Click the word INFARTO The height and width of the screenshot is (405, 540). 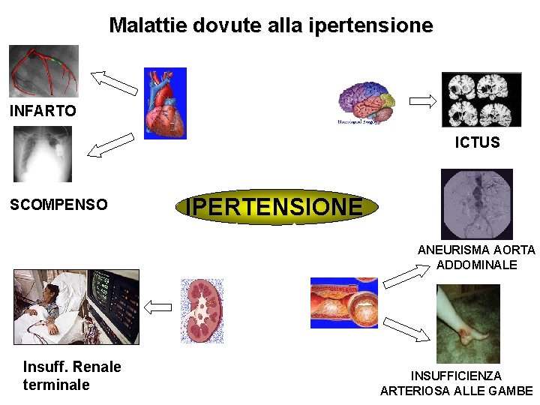coord(43,112)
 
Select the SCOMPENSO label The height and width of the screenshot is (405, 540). coord(58,205)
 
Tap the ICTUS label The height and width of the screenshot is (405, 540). coord(477,142)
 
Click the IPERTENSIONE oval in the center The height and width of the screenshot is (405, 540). coord(274,206)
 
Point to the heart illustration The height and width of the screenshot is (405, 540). coord(165,103)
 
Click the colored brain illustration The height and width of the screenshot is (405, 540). coord(366,103)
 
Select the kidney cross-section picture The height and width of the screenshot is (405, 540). coord(202,310)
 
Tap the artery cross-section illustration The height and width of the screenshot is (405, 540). coord(344,302)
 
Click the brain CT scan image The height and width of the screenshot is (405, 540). coord(481,100)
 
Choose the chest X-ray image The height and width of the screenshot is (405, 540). coord(43,154)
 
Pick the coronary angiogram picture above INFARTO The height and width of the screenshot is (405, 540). coord(43,71)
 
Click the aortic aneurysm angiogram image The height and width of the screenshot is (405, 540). coord(476,203)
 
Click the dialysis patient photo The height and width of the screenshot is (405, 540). coord(76,307)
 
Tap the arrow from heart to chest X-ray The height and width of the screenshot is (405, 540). coord(110,145)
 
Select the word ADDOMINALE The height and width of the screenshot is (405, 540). coord(476,265)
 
